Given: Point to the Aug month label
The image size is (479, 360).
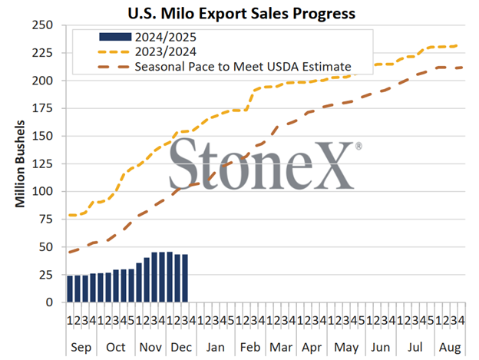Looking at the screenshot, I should [x=449, y=347].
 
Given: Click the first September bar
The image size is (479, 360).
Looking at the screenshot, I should [x=70, y=289].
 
